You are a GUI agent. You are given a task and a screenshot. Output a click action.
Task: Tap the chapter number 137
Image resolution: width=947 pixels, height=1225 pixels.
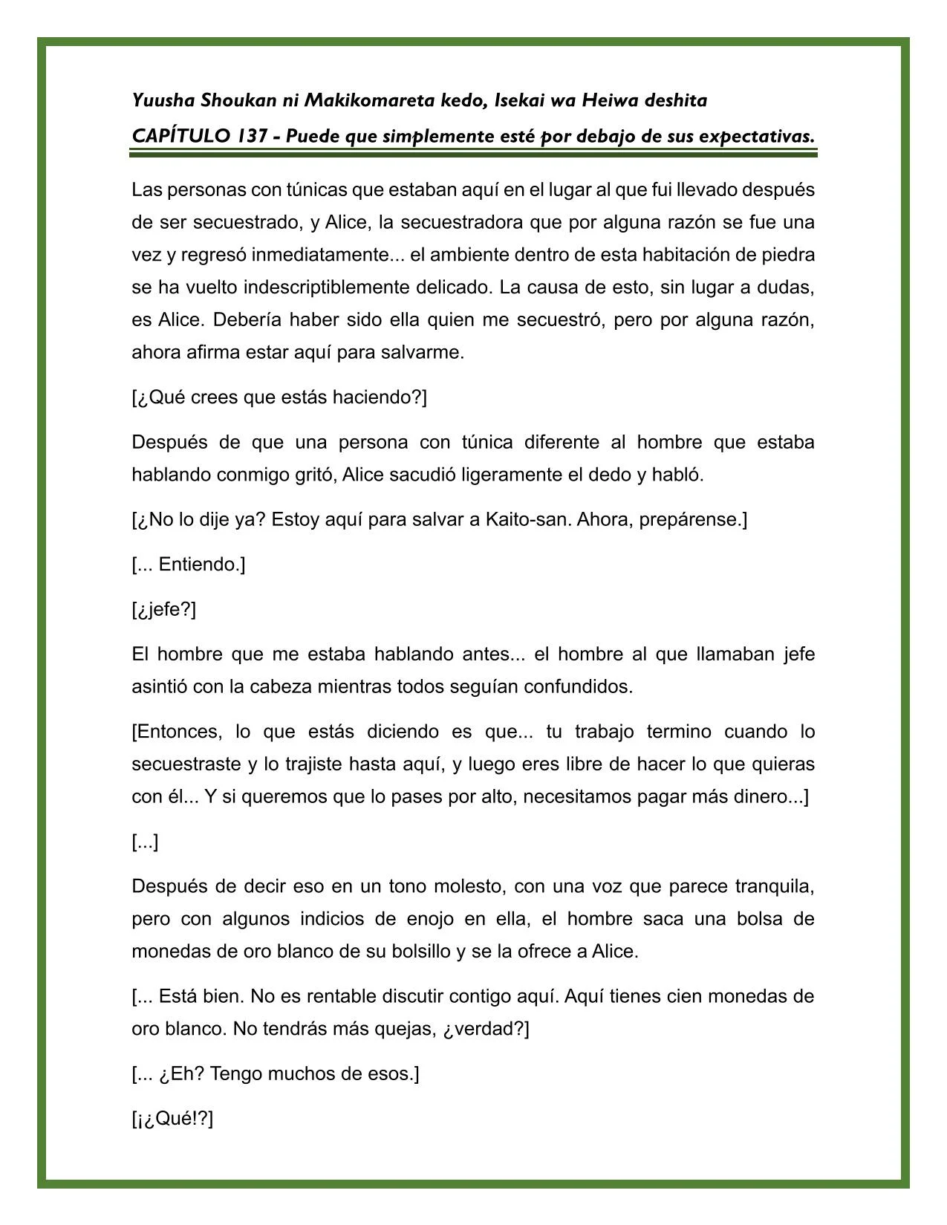point(253,137)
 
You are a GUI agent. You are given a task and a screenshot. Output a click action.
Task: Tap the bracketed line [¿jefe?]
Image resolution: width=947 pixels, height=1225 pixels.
point(164,610)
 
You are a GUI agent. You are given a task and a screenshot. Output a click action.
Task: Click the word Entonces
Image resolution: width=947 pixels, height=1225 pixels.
point(179,732)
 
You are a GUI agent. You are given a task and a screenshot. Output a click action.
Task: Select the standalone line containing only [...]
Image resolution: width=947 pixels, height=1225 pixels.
point(145,842)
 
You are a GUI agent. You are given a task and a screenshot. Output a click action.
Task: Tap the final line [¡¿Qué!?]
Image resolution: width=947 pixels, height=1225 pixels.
point(172,1120)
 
